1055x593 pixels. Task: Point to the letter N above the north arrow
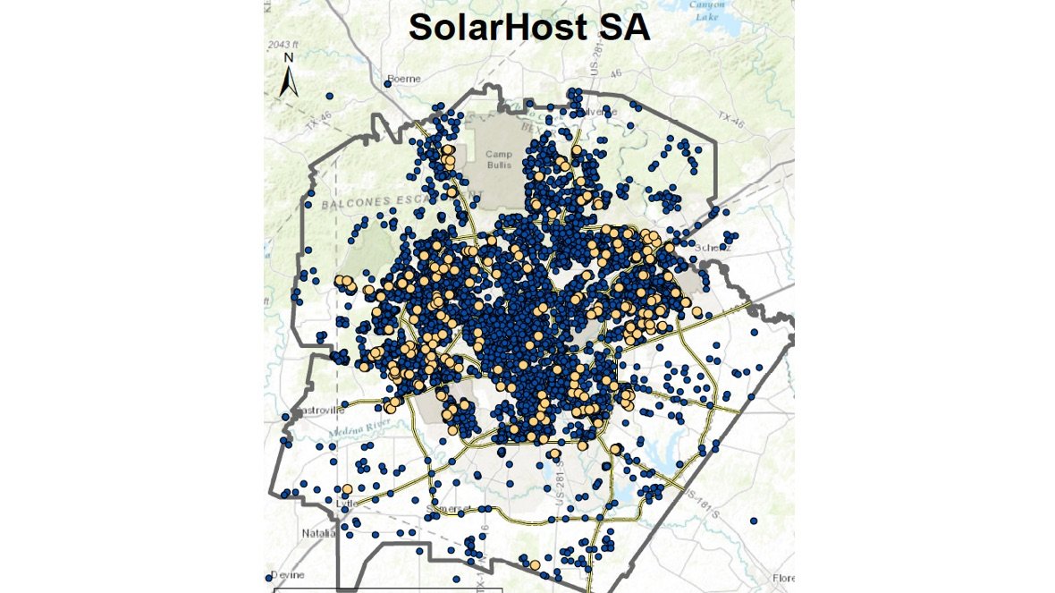(x=288, y=58)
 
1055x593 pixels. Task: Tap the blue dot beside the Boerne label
(x=388, y=83)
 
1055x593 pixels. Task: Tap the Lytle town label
(x=345, y=504)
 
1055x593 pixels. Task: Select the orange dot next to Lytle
(x=347, y=488)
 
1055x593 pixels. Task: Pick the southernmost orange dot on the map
(x=534, y=564)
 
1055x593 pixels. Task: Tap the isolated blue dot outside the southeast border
(x=754, y=521)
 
